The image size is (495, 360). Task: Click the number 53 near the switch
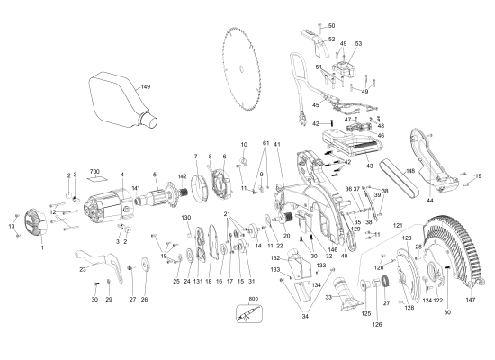point(358,43)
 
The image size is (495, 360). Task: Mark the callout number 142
point(182,177)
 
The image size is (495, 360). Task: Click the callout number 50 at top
point(330,26)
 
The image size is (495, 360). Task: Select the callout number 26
point(142,300)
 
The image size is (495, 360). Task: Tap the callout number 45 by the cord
point(315,104)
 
